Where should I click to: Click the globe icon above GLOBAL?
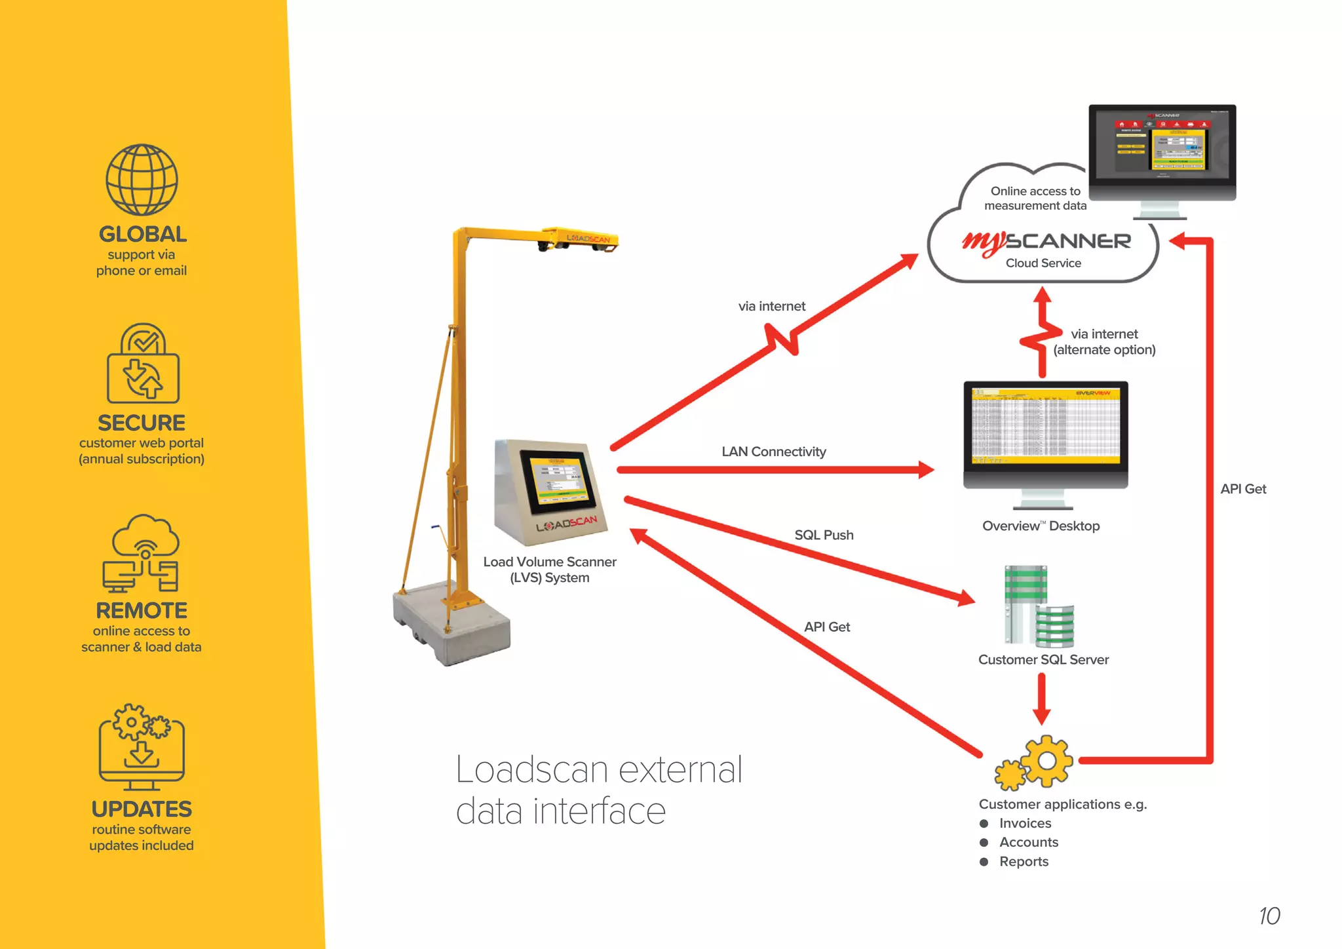pos(142,180)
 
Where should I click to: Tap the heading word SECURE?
pos(142,423)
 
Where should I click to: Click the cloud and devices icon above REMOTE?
pos(142,553)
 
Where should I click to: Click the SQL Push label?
pos(824,535)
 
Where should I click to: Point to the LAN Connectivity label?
pos(773,452)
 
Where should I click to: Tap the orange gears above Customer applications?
pos(1035,762)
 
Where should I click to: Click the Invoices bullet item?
pos(1025,823)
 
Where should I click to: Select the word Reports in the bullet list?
pos(1024,862)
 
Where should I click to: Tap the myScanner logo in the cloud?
pos(1046,242)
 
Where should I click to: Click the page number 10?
pos(1269,916)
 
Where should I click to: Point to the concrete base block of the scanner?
pos(451,623)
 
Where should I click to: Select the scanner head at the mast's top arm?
pos(579,241)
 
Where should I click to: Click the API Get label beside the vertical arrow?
pos(1242,489)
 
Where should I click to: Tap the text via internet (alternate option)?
pos(1104,342)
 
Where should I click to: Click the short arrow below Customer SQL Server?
pos(1041,699)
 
